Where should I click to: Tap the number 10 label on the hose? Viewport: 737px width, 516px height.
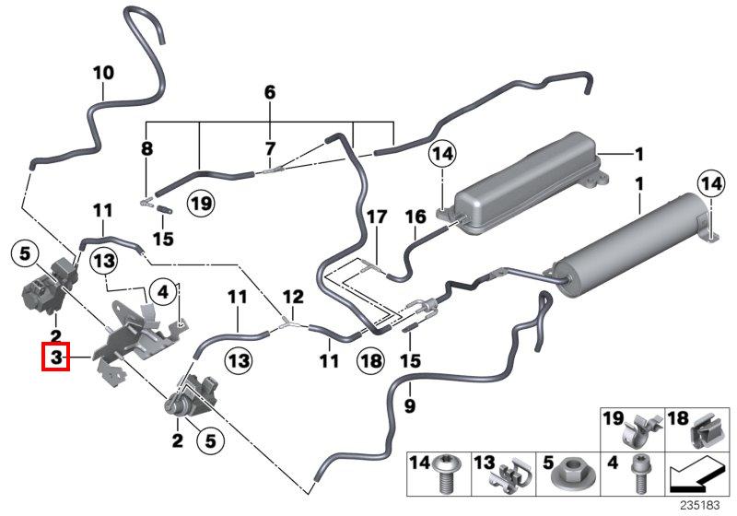(103, 72)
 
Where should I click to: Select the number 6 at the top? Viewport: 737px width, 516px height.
(270, 92)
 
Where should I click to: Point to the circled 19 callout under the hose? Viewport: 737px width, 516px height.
(200, 203)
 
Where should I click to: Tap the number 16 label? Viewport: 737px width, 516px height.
(415, 217)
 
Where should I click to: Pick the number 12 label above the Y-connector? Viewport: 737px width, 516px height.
(292, 297)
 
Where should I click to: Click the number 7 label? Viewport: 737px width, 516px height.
(270, 148)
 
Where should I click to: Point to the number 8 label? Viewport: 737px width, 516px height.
(146, 148)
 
